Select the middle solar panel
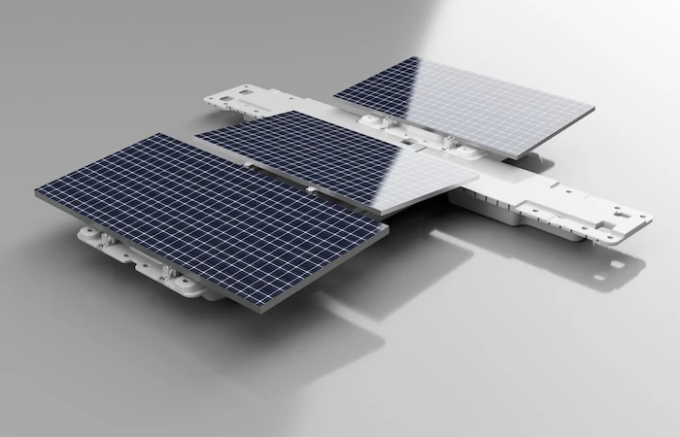click(x=335, y=157)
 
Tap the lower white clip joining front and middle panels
click(x=309, y=186)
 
